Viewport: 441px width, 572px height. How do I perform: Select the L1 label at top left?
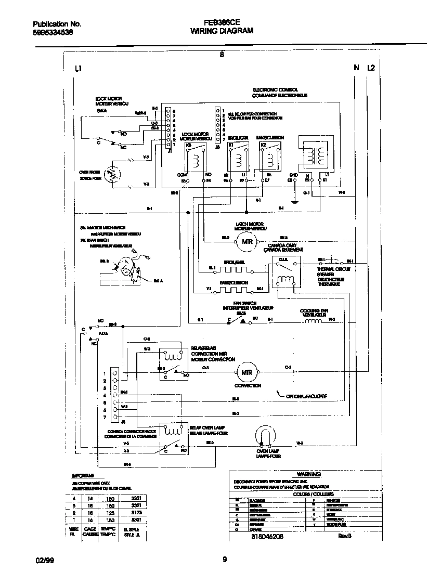pyautogui.click(x=79, y=68)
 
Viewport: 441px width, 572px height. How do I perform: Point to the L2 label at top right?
pyautogui.click(x=371, y=68)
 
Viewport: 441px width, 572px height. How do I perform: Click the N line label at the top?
pyautogui.click(x=356, y=68)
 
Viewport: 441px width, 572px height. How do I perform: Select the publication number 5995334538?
pyautogui.click(x=53, y=32)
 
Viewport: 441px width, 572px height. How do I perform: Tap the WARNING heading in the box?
pyautogui.click(x=308, y=474)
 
